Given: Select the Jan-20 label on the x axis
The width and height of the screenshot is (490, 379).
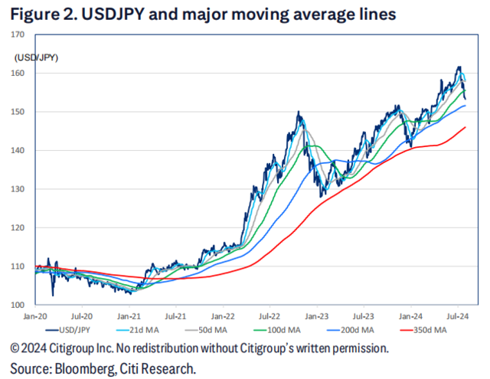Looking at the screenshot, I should [35, 315].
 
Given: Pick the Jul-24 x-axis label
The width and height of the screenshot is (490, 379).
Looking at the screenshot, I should [458, 315].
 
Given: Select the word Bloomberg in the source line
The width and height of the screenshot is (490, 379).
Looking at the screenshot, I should [83, 368].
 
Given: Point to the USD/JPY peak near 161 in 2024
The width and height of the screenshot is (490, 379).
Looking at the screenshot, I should [459, 67].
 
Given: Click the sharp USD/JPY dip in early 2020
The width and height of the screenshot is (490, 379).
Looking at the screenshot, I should [53, 295].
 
